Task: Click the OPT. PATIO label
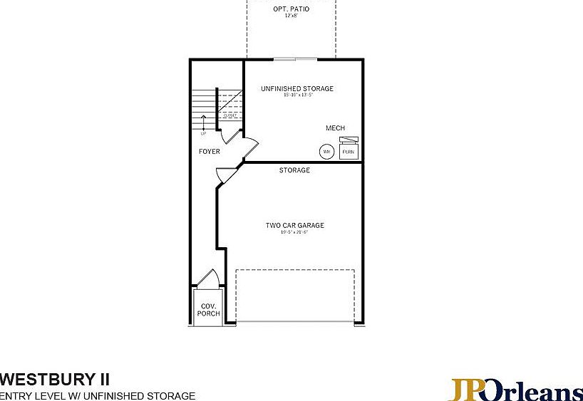click(x=291, y=9)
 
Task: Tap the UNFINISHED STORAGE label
click(x=296, y=89)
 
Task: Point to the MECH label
click(x=335, y=128)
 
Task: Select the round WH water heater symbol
click(x=326, y=152)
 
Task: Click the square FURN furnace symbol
click(x=349, y=151)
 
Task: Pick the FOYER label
click(x=210, y=152)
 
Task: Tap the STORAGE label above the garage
click(x=294, y=170)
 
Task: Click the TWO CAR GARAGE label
click(x=294, y=226)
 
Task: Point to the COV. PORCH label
click(x=209, y=310)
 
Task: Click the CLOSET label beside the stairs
click(x=230, y=115)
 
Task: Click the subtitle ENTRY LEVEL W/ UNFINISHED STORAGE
click(x=98, y=395)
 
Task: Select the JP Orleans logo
click(x=515, y=390)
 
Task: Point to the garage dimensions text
click(x=294, y=233)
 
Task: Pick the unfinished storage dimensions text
click(x=296, y=95)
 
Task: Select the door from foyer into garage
click(x=225, y=174)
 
